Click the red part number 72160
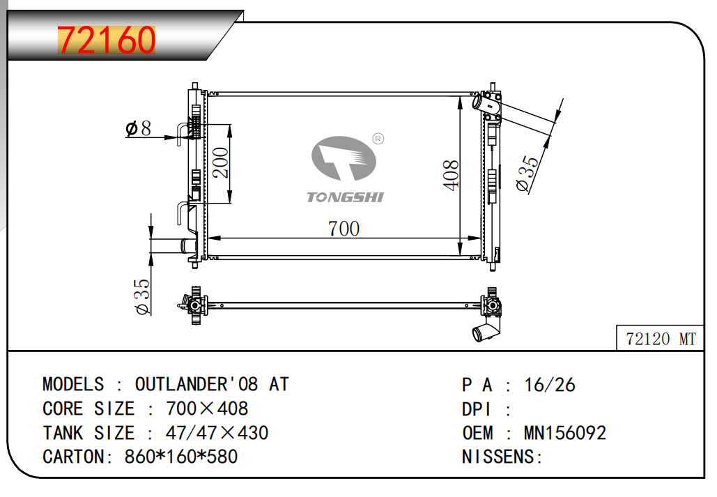pos(106,40)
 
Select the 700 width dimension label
pos(344,228)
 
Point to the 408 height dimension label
pos(450,175)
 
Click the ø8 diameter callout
pos(138,128)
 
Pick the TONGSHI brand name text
pos(346,197)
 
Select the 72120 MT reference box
pos(661,339)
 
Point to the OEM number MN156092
pos(564,433)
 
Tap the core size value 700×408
pos(207,408)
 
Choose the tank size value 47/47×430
pos(217,433)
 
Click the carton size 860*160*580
pos(181,457)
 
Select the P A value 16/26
pos(550,385)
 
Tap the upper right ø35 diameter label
pos(527,174)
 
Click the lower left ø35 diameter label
pos(141,297)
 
